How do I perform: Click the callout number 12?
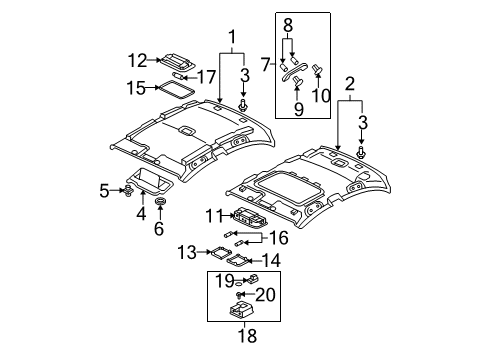[x=137, y=61]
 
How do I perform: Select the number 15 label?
[x=136, y=88]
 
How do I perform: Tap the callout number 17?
[x=207, y=77]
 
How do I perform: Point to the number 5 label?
[x=104, y=191]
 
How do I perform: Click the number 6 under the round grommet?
[x=159, y=228]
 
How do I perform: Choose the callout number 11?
[x=213, y=215]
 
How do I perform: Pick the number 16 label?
[x=278, y=238]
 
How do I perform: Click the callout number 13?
[x=187, y=252]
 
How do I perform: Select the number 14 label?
[x=271, y=260]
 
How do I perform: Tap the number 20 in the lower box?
[x=265, y=295]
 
